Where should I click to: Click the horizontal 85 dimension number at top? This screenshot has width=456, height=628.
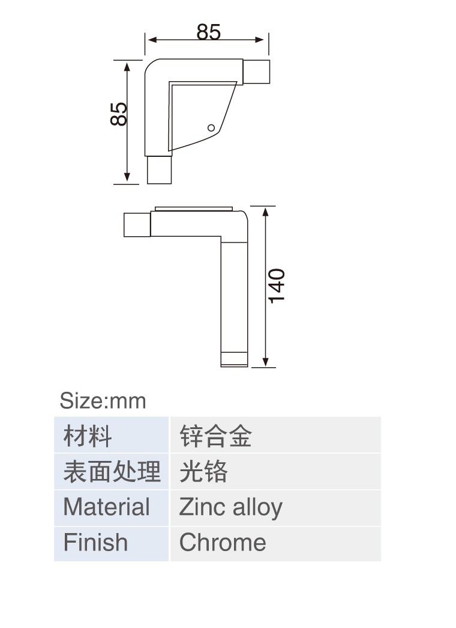click(x=208, y=32)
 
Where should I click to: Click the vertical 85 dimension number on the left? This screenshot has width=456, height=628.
click(x=119, y=114)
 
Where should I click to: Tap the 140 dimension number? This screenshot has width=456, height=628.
click(x=277, y=286)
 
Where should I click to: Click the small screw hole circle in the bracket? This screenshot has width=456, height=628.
click(x=211, y=128)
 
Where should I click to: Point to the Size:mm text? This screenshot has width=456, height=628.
click(x=103, y=400)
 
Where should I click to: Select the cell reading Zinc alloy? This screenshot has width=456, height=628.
click(x=275, y=508)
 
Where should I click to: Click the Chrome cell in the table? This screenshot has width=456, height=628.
click(x=275, y=543)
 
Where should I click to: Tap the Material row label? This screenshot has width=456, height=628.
click(x=111, y=508)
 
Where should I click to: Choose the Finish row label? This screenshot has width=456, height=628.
click(x=111, y=543)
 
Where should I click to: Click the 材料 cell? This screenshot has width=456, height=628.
click(x=111, y=435)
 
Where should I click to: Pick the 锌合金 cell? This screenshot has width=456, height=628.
click(x=275, y=435)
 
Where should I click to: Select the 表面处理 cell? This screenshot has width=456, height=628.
click(x=111, y=471)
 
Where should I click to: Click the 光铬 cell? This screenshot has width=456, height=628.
click(x=275, y=471)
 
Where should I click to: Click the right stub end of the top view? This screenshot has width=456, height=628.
click(x=256, y=72)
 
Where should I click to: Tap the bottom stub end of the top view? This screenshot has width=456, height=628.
click(x=159, y=170)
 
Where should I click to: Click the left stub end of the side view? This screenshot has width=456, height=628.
click(x=137, y=225)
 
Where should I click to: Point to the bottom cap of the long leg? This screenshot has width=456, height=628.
click(x=235, y=359)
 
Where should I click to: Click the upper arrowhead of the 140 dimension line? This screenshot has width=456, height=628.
click(x=266, y=212)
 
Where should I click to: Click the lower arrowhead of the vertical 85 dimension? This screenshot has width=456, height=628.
click(x=127, y=177)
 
